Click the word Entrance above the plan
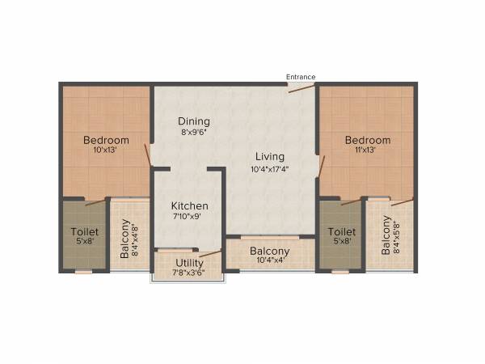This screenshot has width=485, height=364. tap(301, 77)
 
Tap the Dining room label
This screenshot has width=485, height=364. tap(195, 121)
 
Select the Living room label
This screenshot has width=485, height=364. tap(270, 156)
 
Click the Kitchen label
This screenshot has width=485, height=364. tap(190, 206)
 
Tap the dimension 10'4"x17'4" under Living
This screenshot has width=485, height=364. tap(270, 169)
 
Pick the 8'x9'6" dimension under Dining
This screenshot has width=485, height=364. tap(195, 133)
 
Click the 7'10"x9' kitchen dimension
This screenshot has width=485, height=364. tap(190, 218)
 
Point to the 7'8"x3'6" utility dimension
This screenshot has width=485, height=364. tap(189, 273)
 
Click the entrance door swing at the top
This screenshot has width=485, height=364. tap(301, 88)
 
